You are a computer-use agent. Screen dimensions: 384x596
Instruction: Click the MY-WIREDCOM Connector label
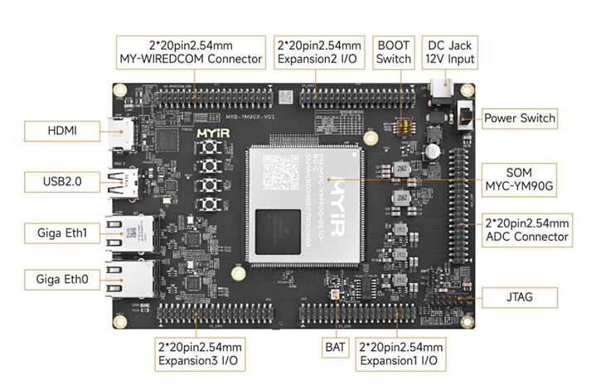point(191,51)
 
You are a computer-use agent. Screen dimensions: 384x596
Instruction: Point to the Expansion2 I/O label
point(319,51)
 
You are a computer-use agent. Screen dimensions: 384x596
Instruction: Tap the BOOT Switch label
point(393,51)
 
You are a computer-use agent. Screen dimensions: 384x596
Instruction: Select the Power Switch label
point(519,118)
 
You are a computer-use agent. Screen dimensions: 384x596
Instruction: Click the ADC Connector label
point(526,230)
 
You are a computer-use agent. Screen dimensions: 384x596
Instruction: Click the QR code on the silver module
point(279,175)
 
